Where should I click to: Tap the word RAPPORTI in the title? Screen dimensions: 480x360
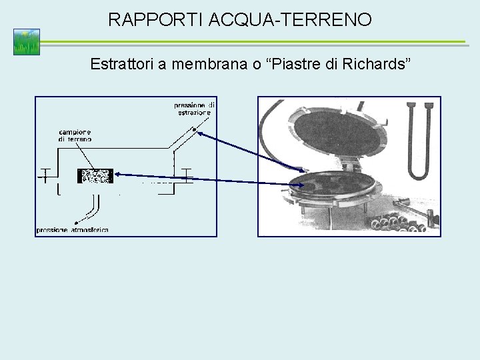pos(156,20)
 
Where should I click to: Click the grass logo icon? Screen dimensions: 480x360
pos(27,42)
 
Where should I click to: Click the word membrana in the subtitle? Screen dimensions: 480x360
pos(199,65)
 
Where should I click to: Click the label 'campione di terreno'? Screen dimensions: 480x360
pos(75,133)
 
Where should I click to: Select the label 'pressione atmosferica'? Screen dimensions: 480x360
pos(73,229)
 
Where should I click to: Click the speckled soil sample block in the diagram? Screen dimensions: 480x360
pos(95,176)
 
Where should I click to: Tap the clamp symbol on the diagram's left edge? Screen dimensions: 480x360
pos(46,175)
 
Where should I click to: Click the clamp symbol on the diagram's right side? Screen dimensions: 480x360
pos(185,175)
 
